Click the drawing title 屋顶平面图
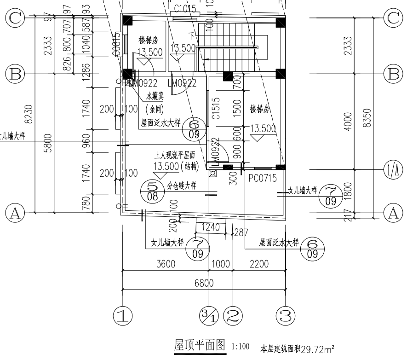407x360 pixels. pyautogui.click(x=200, y=345)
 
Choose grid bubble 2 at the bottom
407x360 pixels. pyautogui.click(x=233, y=316)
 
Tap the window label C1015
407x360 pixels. pyautogui.click(x=186, y=9)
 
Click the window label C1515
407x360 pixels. pyautogui.click(x=215, y=109)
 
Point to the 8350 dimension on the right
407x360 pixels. pyautogui.click(x=367, y=121)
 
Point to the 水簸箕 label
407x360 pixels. pyautogui.click(x=155, y=97)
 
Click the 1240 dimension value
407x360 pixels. pyautogui.click(x=211, y=227)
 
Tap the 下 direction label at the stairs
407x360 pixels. pyautogui.click(x=191, y=35)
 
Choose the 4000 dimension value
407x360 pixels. pyautogui.click(x=347, y=122)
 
